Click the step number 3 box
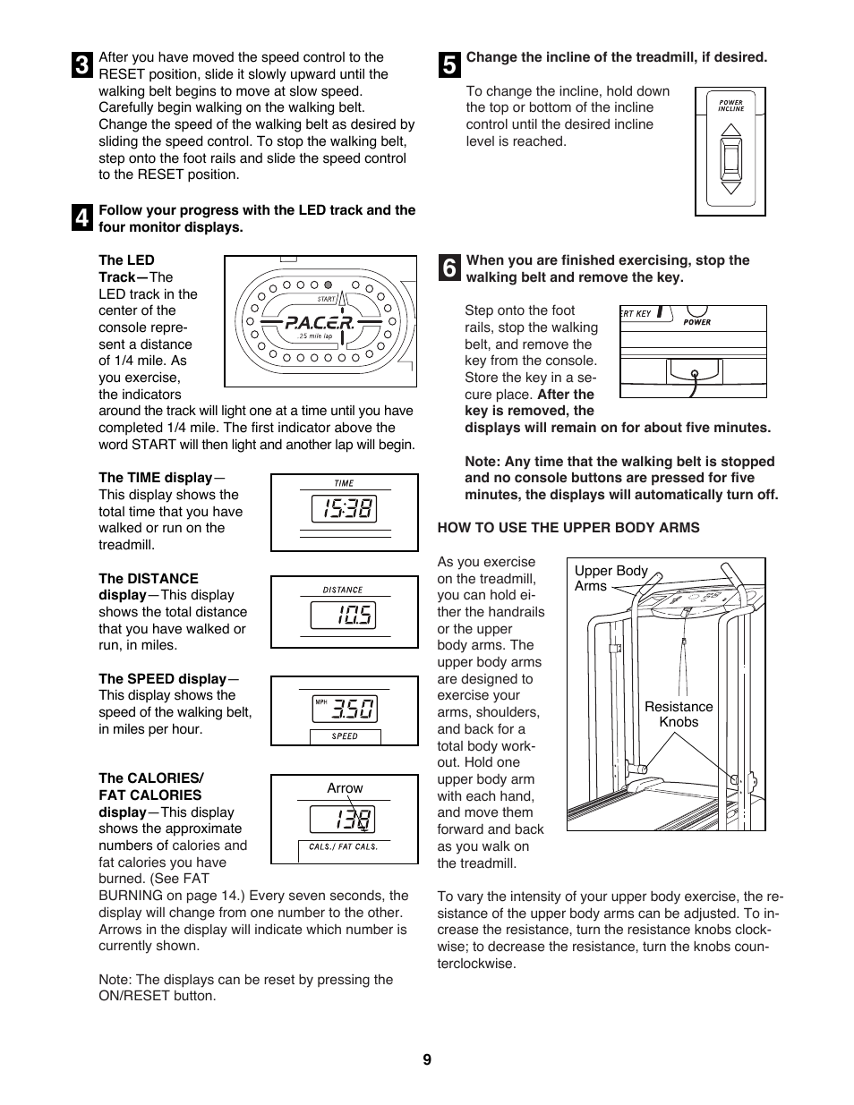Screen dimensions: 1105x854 coord(82,65)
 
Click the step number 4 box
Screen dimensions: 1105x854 coord(82,217)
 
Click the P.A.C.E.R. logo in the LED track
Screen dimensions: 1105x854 coord(320,323)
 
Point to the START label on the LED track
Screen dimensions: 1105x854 coord(327,299)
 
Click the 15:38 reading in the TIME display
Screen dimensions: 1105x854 coord(344,509)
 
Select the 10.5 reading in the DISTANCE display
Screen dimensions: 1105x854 coord(344,616)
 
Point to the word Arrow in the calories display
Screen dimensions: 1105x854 coord(345,788)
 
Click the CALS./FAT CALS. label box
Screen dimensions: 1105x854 coord(343,846)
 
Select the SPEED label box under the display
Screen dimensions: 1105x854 coord(345,736)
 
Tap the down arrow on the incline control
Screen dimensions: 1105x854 coord(731,187)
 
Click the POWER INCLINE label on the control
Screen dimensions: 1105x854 coord(731,106)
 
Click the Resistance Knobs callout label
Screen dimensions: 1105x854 coord(679,714)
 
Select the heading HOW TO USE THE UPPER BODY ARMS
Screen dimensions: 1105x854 coord(568,528)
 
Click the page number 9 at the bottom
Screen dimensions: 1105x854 coord(427,1059)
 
